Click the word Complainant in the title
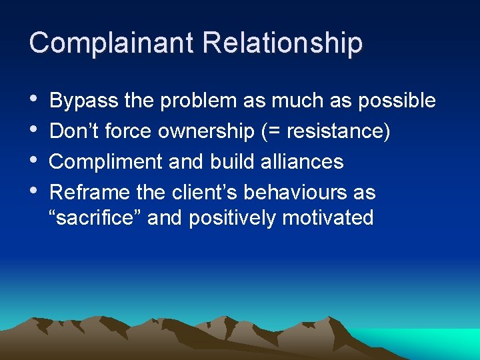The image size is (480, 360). click(111, 43)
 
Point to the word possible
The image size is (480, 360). click(397, 101)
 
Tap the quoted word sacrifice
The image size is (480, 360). click(95, 218)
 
